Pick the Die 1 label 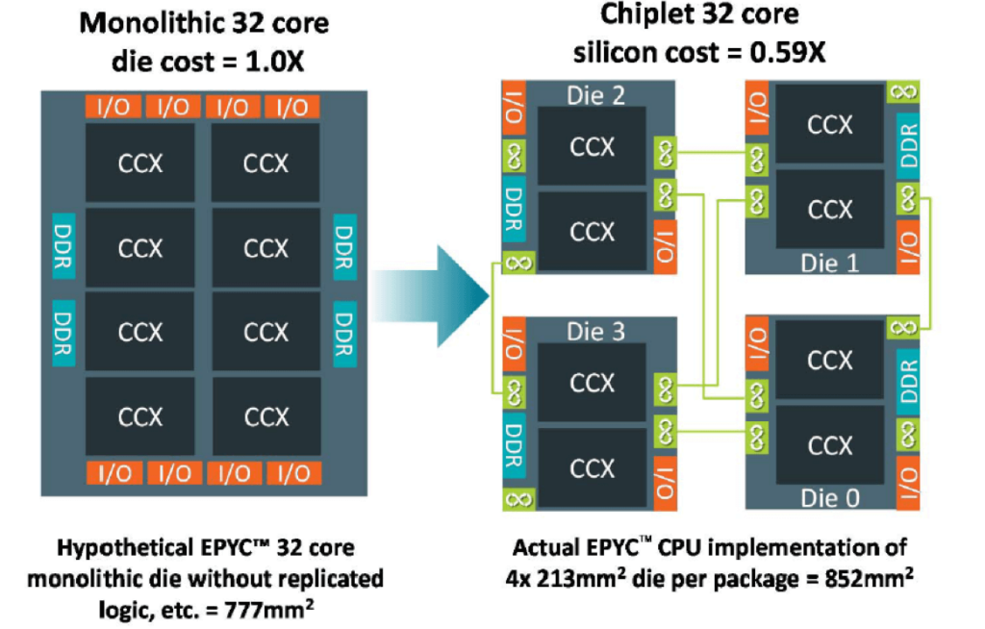click(829, 263)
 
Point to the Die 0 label click(829, 498)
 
